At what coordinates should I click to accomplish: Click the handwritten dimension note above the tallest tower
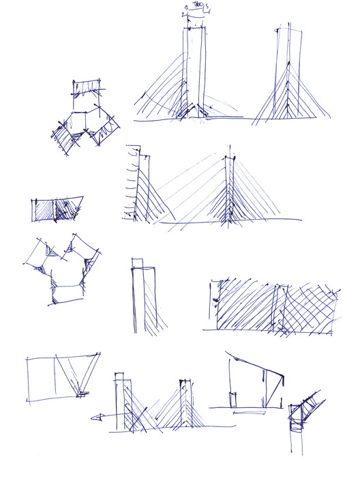tap(196, 8)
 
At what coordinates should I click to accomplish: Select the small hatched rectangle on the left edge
tap(56, 209)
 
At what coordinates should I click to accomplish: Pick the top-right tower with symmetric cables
tap(286, 75)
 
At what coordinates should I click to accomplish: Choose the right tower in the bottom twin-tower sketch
tap(184, 404)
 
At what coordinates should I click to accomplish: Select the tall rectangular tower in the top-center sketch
tap(194, 68)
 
